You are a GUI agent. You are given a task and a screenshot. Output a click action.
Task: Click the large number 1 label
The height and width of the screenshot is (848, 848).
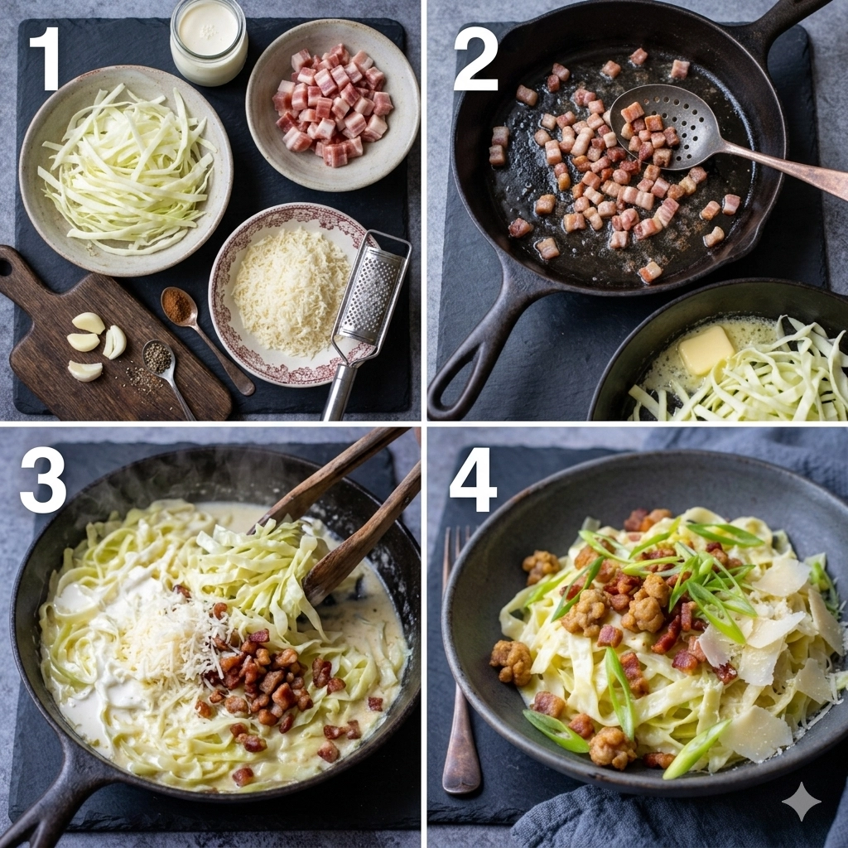pos(46,59)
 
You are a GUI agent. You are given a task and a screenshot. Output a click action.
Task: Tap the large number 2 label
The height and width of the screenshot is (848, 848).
pos(476,59)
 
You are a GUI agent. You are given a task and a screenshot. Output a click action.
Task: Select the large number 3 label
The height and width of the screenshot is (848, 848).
pos(43,479)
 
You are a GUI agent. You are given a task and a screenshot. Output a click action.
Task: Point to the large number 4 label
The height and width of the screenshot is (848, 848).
pos(473,479)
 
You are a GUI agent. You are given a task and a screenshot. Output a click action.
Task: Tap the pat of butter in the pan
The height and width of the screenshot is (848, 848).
pos(706,349)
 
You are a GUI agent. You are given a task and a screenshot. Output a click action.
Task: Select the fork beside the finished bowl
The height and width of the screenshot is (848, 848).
pos(460,661)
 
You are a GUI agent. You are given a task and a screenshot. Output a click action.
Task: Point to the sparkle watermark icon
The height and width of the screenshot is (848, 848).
pos(802,802)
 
